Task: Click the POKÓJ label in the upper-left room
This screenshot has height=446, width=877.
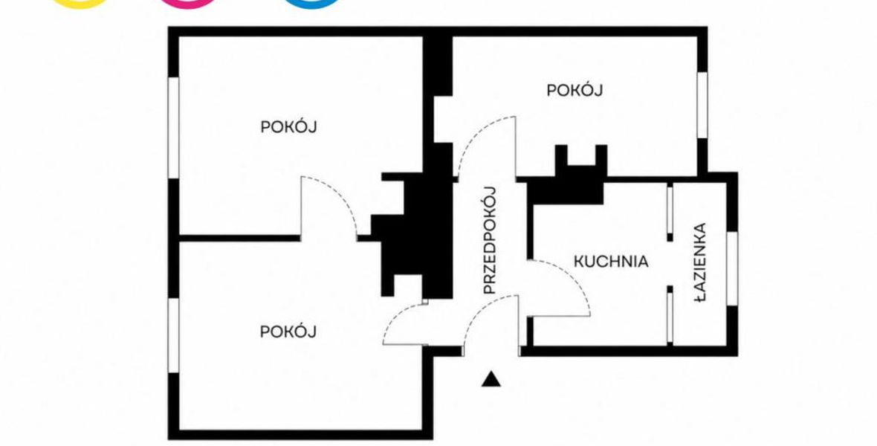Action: [288, 126]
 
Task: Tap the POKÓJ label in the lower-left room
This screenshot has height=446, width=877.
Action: [288, 332]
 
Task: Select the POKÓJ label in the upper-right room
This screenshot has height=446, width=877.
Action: [575, 90]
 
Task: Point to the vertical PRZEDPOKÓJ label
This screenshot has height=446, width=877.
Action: [490, 240]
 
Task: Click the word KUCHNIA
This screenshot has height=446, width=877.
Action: [612, 262]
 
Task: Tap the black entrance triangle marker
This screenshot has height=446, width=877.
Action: [491, 379]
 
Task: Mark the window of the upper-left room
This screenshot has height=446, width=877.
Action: [173, 128]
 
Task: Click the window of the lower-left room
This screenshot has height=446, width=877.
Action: [173, 335]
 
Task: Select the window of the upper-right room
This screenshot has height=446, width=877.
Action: [702, 105]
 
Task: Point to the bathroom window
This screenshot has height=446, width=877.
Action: [732, 268]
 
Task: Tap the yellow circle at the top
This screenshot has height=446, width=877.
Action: [80, 2]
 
